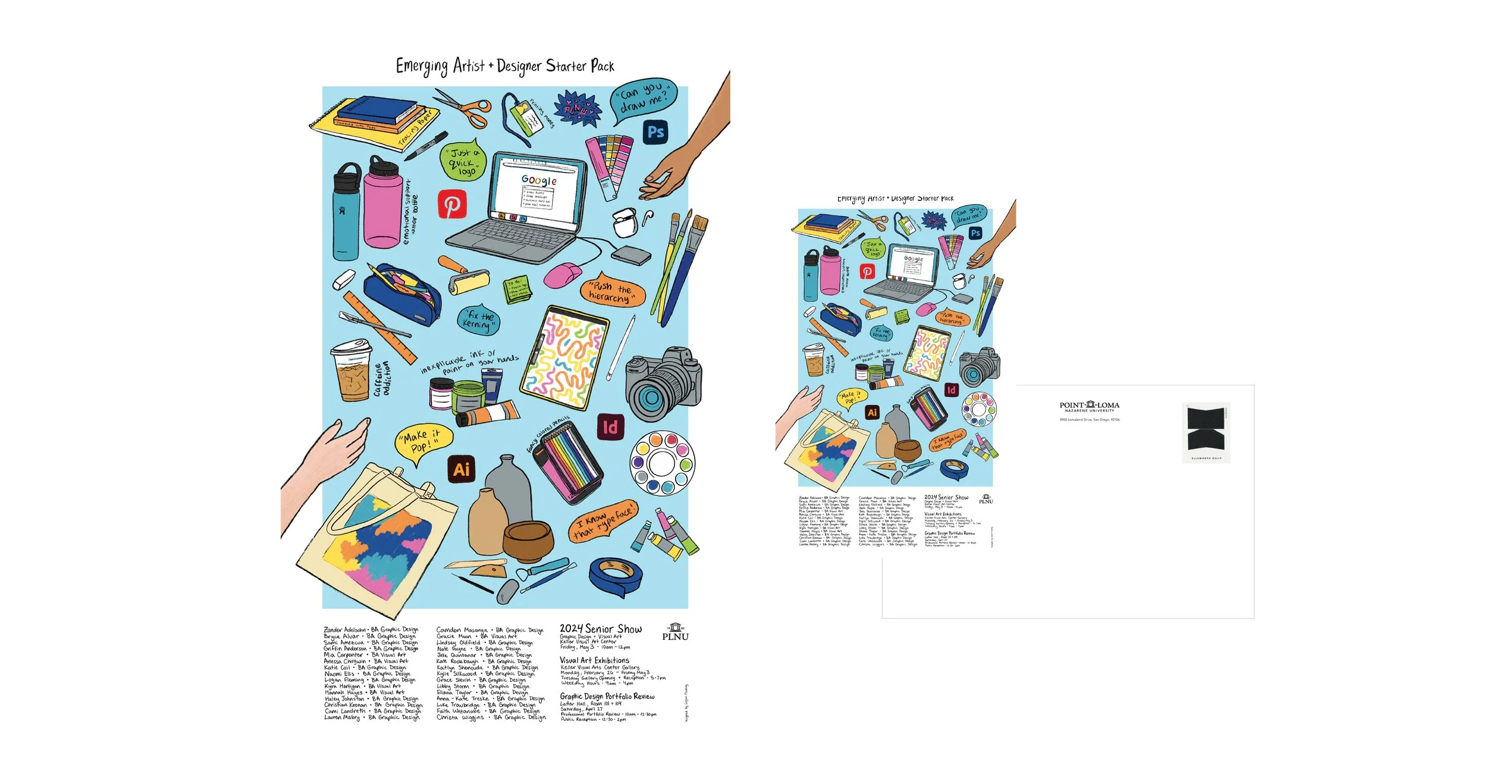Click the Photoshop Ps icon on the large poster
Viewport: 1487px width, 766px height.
point(655,131)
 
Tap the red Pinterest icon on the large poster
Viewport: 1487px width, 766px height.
point(452,205)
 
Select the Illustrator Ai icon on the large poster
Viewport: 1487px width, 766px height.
point(462,469)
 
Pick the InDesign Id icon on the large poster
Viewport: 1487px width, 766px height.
point(610,427)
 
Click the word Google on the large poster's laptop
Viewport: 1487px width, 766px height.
point(539,180)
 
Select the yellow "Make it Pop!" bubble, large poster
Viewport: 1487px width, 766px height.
point(423,441)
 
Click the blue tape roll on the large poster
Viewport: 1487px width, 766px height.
point(616,575)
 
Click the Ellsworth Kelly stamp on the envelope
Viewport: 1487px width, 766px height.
point(1206,432)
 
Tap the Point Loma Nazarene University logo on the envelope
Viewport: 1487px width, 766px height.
point(1089,406)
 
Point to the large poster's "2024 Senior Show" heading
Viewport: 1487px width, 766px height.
point(600,629)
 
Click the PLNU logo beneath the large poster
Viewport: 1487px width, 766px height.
point(675,632)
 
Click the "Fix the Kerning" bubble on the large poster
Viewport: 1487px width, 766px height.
point(479,319)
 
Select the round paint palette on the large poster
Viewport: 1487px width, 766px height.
point(662,463)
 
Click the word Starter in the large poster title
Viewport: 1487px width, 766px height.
point(566,66)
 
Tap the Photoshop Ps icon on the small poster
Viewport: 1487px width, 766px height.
point(975,233)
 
